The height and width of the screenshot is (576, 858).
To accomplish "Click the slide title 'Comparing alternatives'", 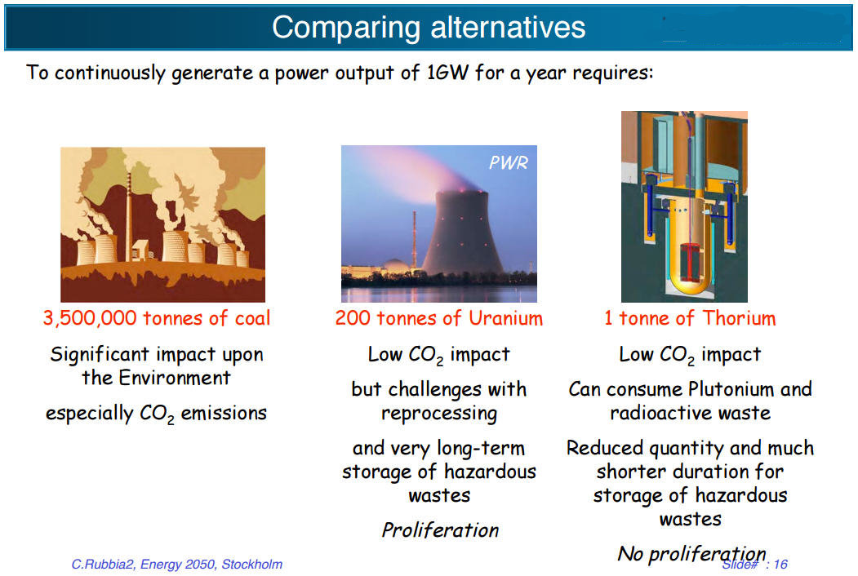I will click(x=429, y=28).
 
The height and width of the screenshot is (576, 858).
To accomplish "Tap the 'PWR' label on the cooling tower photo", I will click(x=508, y=162).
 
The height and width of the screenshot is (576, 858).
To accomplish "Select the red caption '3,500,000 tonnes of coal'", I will click(x=156, y=318).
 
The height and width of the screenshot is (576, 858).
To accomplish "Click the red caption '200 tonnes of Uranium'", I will click(x=438, y=318).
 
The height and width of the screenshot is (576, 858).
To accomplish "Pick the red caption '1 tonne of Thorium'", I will click(x=690, y=318).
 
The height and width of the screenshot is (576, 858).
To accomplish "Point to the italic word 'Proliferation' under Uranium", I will click(x=440, y=530).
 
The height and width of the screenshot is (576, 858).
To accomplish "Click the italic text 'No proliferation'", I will click(x=691, y=554).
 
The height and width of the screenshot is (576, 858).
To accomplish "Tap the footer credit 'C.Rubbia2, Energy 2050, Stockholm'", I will click(x=177, y=564).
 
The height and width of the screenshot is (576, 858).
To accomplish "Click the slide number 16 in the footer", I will click(x=780, y=565).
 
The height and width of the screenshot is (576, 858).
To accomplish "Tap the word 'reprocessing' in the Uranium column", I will click(x=439, y=413).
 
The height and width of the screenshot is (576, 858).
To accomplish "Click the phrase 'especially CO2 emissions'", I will click(x=156, y=414).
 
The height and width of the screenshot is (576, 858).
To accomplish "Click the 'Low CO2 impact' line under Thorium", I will click(x=690, y=355).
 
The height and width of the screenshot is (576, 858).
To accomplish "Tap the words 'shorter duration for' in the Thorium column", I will click(x=690, y=472).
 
